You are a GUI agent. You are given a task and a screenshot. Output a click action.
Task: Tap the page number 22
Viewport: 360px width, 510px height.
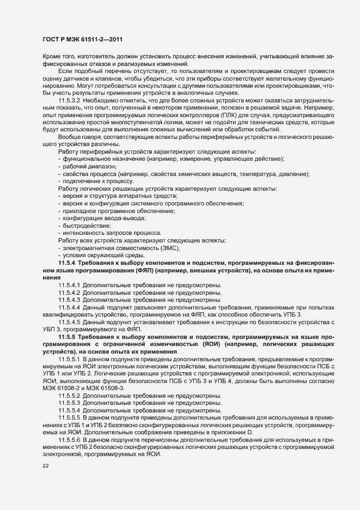pos(46,466)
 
